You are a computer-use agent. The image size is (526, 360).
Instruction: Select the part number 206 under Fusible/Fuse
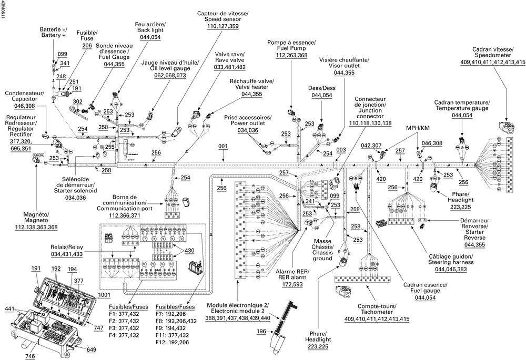coord(87,46)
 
